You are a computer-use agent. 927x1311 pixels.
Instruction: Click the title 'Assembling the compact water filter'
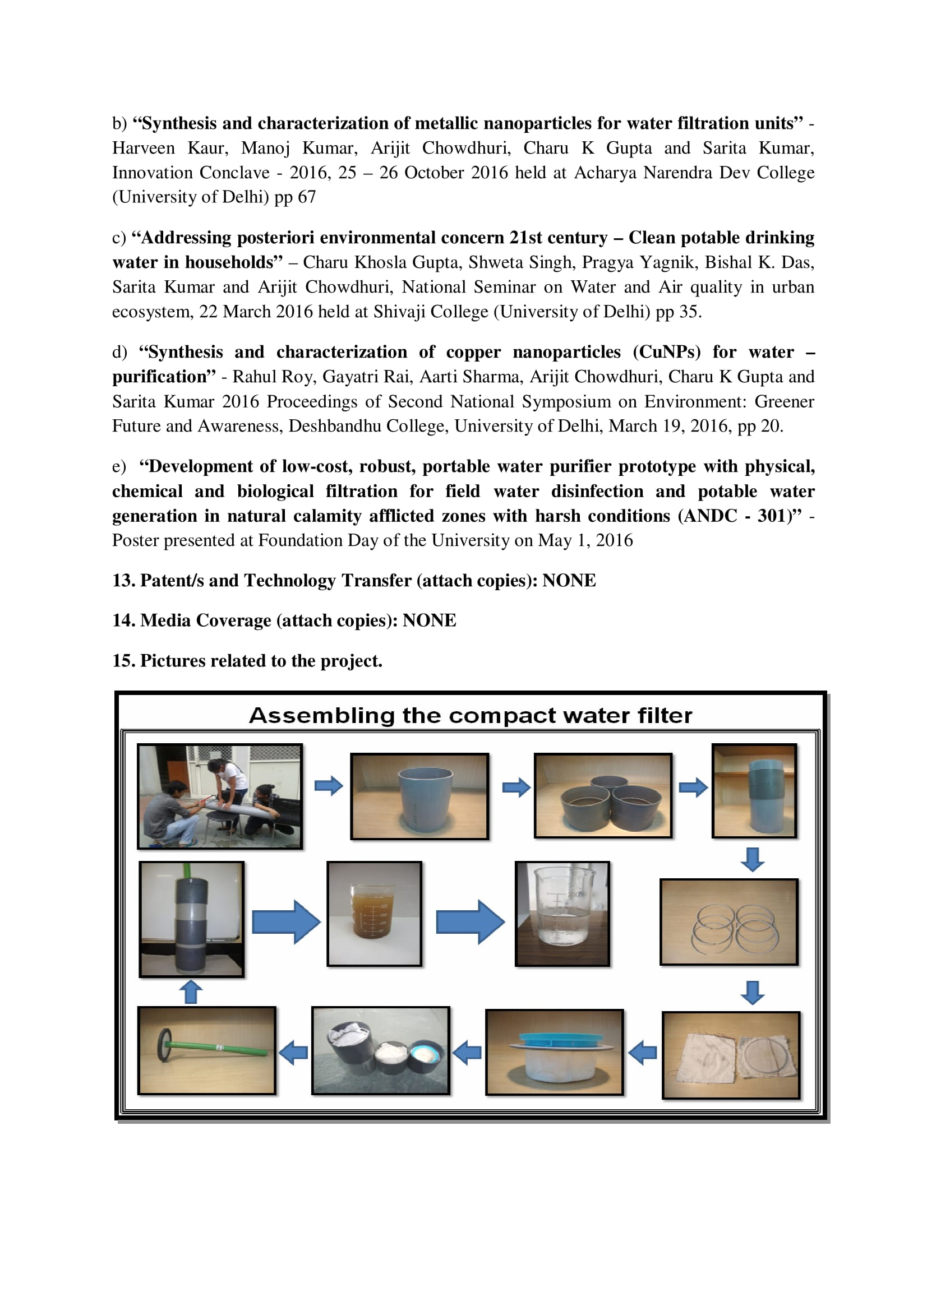tap(470, 715)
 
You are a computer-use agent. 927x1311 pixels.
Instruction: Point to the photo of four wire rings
tap(729, 922)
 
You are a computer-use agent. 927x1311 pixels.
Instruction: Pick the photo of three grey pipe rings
tap(603, 795)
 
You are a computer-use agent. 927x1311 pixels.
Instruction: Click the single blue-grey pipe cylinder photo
tap(420, 795)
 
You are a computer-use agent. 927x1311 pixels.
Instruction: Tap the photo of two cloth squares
tap(731, 1055)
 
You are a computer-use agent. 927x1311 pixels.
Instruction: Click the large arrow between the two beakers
tap(469, 921)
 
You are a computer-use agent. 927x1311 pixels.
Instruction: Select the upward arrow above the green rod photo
tap(191, 992)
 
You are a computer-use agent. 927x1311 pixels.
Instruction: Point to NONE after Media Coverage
tap(429, 620)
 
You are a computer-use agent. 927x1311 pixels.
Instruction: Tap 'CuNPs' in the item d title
tap(667, 353)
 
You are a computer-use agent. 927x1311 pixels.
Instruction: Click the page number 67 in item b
tap(307, 197)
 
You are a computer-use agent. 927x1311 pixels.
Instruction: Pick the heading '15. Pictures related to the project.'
tap(247, 661)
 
